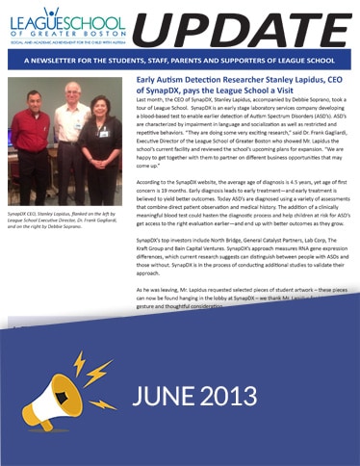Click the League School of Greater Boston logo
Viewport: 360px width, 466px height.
pyautogui.click(x=64, y=25)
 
